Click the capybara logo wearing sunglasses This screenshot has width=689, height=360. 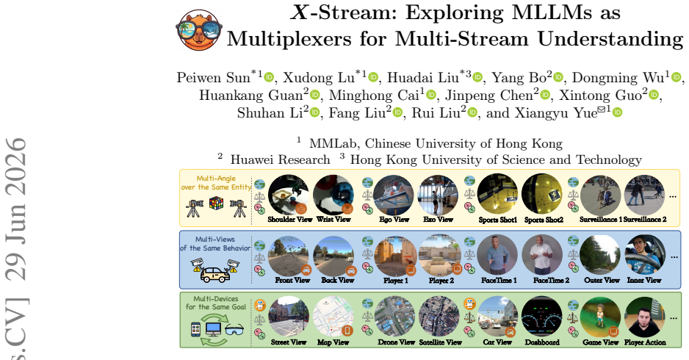[x=199, y=30]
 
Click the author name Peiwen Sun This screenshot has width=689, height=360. [x=213, y=78]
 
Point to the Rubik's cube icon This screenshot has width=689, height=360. [x=216, y=203]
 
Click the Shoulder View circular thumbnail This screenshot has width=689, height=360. [x=289, y=195]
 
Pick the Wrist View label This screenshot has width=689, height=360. [x=333, y=220]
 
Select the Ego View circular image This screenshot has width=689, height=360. [x=393, y=195]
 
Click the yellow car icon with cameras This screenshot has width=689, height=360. [x=215, y=271]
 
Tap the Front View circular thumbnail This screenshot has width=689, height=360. [x=289, y=256]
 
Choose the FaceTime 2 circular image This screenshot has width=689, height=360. [x=543, y=256]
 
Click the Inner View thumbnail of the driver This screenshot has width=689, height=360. [x=645, y=256]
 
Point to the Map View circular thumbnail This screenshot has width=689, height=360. [x=333, y=317]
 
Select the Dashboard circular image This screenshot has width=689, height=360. [x=542, y=317]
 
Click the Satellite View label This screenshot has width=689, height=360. [x=440, y=342]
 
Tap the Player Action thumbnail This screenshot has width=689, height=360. [x=645, y=317]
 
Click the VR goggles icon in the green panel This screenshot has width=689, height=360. [x=234, y=329]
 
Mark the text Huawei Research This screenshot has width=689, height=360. [x=281, y=160]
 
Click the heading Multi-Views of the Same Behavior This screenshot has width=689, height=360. [x=215, y=244]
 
